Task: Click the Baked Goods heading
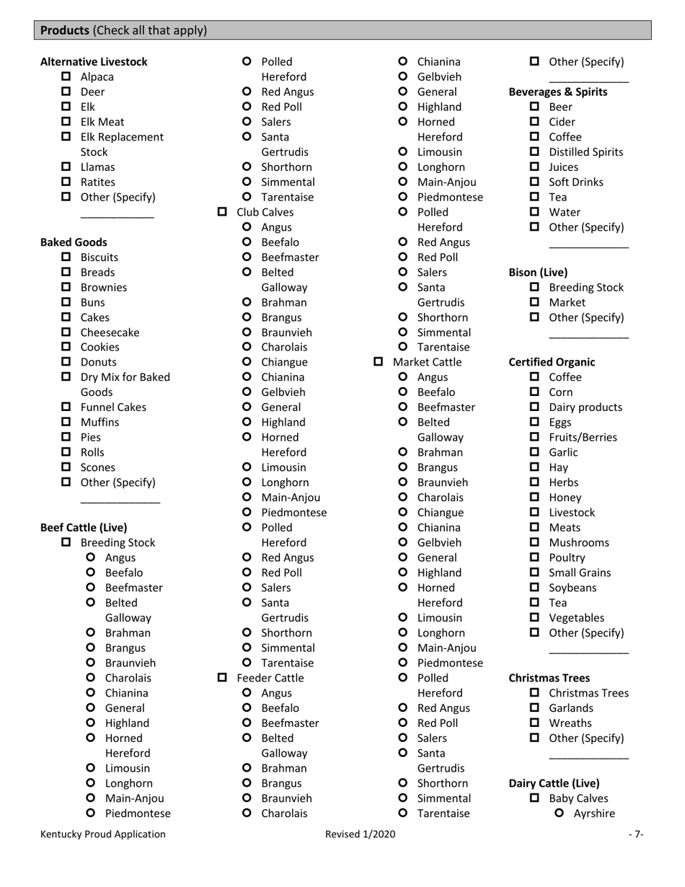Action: tap(74, 242)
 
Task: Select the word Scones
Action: tap(97, 467)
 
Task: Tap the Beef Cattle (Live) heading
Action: tap(84, 527)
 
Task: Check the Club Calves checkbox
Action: tap(223, 212)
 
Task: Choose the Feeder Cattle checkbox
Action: tap(223, 678)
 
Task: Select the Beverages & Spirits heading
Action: tap(558, 92)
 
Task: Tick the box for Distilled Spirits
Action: tap(535, 152)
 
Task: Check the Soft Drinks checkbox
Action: tap(535, 182)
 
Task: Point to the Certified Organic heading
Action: tap(552, 362)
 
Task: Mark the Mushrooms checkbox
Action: tap(535, 542)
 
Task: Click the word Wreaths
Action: tap(570, 723)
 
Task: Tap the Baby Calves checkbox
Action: tap(535, 798)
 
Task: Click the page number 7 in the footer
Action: tap(635, 834)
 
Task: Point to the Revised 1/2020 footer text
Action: tap(360, 834)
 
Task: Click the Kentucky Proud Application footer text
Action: tap(102, 834)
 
